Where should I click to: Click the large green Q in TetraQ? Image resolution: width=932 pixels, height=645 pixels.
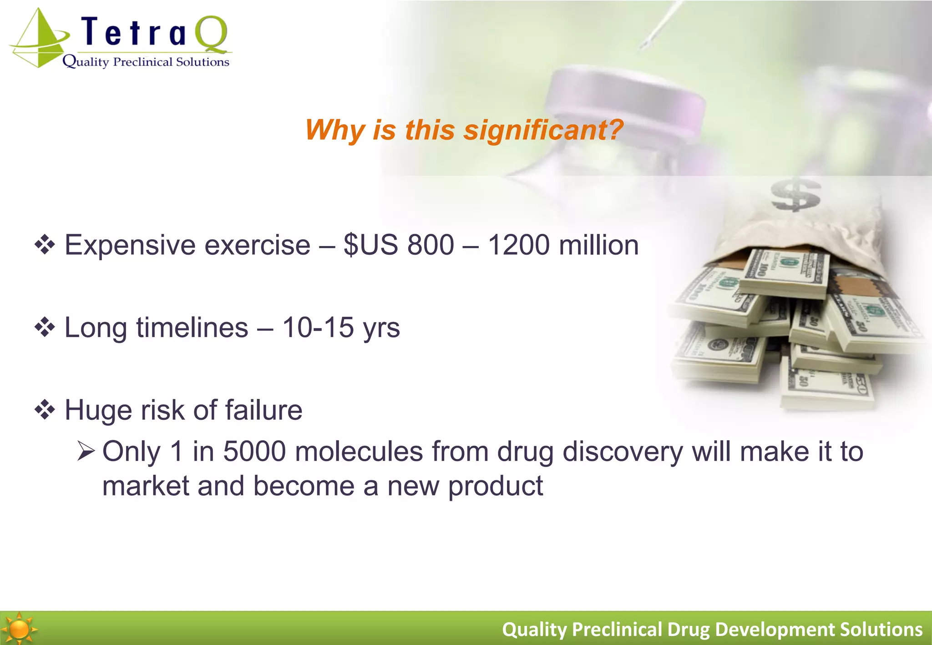(x=211, y=34)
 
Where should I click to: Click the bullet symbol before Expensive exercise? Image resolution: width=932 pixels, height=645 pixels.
(x=45, y=245)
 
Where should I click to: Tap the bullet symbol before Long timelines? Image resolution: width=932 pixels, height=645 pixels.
(x=45, y=328)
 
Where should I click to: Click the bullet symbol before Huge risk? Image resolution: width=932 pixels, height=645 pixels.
(x=45, y=410)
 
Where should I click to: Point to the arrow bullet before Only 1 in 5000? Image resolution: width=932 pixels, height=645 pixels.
(x=86, y=452)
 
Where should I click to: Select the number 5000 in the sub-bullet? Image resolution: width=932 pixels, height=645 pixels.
(x=254, y=452)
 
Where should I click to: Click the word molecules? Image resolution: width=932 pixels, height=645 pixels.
(x=359, y=452)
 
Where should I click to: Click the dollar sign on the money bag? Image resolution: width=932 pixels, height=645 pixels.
(x=795, y=195)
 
